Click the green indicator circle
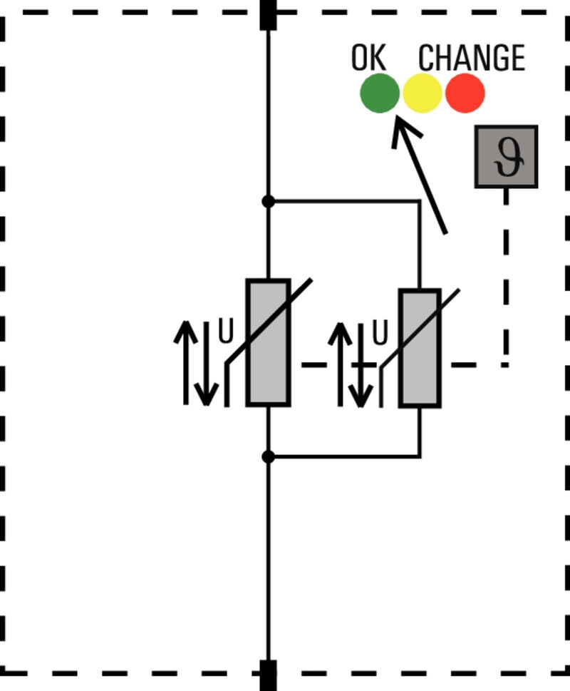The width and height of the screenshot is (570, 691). point(379,93)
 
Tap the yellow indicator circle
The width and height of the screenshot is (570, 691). point(423,93)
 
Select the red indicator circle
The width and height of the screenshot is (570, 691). point(465,93)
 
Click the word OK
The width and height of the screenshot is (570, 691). point(368,58)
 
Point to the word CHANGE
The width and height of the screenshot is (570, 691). point(471,58)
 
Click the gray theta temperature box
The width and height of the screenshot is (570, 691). point(506,157)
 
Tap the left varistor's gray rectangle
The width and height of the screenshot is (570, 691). point(268,343)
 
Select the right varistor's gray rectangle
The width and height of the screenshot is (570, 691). point(420,348)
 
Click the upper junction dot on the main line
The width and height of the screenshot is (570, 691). point(268,202)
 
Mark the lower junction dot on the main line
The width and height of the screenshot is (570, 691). point(268,456)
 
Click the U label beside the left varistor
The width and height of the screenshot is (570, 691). point(225,333)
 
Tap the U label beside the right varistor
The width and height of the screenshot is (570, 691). point(380,333)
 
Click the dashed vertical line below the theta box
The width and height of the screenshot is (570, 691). point(506,278)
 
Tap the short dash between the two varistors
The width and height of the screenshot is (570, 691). point(314,364)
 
